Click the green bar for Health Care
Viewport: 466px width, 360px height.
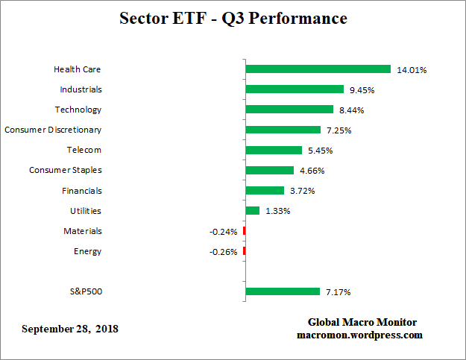[318, 69]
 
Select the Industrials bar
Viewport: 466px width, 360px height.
[295, 89]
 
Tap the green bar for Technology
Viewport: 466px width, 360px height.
[289, 110]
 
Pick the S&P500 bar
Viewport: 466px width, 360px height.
[283, 291]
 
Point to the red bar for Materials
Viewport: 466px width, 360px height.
[244, 231]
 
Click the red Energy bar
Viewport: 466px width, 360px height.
[244, 251]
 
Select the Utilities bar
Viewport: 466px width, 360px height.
[253, 211]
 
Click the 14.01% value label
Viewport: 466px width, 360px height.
[412, 70]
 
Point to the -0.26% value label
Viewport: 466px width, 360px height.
[224, 252]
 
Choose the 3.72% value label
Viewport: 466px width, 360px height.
[301, 191]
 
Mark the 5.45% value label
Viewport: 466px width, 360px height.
[319, 151]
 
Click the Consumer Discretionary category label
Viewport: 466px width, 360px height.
[53, 130]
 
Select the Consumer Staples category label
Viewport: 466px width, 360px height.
[66, 171]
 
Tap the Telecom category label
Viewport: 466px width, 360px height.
[84, 150]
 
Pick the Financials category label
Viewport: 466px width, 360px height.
[82, 191]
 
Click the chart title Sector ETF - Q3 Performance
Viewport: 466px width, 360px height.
[233, 18]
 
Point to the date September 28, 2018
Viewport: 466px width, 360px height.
[70, 329]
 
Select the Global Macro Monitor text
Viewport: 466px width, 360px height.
[362, 323]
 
